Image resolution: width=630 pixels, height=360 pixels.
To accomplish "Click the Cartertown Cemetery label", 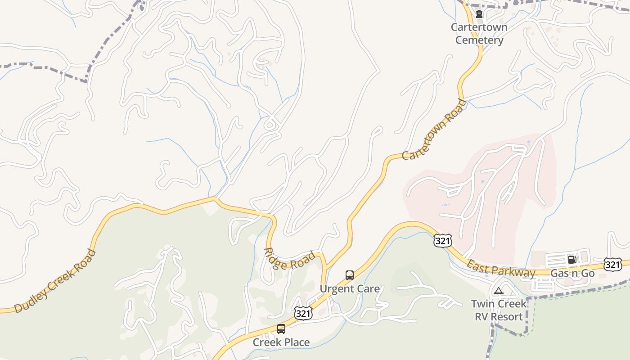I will pyautogui.click(x=479, y=34).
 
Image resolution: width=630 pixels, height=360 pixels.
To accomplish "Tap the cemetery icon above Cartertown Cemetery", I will pyautogui.click(x=479, y=14).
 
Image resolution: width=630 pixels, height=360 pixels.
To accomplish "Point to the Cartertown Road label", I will pyautogui.click(x=435, y=130).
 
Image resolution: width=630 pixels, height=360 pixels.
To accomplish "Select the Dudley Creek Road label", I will pyautogui.click(x=55, y=281).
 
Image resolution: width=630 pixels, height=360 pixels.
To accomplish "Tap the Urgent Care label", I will pyautogui.click(x=350, y=288).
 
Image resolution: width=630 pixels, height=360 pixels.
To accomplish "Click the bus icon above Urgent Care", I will pyautogui.click(x=350, y=275).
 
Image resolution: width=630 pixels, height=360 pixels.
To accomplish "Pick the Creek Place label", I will pyautogui.click(x=281, y=342).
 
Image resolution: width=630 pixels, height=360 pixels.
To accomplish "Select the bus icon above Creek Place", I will pyautogui.click(x=281, y=329).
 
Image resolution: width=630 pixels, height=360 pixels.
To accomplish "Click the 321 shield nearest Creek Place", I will pyautogui.click(x=303, y=313).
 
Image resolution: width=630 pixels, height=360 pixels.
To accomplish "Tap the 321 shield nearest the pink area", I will pyautogui.click(x=442, y=241).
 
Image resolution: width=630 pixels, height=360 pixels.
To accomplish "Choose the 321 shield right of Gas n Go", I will pyautogui.click(x=613, y=265).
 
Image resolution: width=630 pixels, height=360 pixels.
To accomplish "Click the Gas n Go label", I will pyautogui.click(x=572, y=273).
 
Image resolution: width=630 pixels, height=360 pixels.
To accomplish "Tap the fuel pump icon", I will pyautogui.click(x=572, y=259).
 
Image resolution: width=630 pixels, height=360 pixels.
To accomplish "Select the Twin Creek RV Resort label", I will pyautogui.click(x=499, y=310).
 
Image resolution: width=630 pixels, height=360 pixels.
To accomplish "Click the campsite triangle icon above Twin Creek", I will pyautogui.click(x=498, y=291).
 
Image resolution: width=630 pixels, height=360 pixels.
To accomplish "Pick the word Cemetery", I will pyautogui.click(x=479, y=40).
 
